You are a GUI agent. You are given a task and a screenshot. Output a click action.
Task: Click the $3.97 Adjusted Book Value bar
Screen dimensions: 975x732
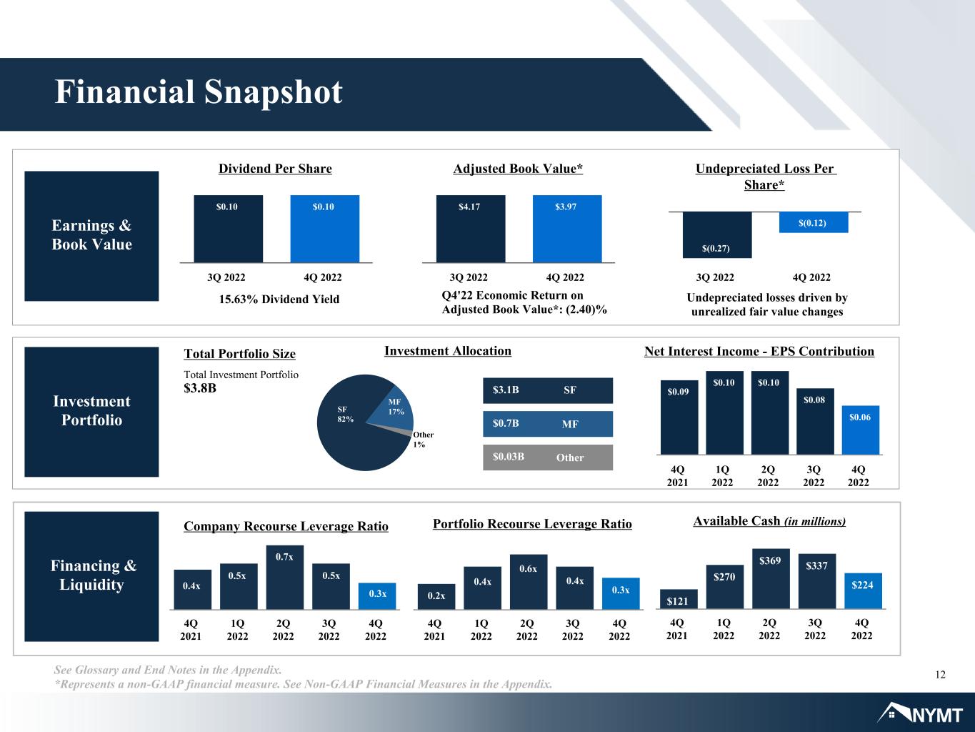[567, 229]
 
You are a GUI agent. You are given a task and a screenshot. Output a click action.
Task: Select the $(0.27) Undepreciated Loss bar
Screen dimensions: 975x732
[717, 234]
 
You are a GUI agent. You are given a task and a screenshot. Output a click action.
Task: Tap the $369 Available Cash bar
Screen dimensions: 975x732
[771, 579]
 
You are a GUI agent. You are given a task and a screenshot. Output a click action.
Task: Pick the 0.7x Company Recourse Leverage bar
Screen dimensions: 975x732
[285, 577]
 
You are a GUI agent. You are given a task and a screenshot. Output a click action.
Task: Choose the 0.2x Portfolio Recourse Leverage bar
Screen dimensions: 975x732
[436, 596]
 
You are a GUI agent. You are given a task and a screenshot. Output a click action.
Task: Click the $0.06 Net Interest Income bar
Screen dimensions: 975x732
[861, 430]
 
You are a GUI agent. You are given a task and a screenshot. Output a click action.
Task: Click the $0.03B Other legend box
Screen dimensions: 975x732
[548, 457]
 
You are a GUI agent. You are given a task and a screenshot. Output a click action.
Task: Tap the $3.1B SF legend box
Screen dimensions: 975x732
[548, 390]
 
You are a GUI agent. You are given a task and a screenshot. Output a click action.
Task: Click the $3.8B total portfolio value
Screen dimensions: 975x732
[200, 388]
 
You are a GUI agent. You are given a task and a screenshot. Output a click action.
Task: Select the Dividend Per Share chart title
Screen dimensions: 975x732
[275, 169]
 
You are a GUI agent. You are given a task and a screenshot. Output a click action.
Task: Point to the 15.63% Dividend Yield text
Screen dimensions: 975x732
[279, 299]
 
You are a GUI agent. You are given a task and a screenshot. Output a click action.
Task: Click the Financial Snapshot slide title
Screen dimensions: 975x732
[199, 92]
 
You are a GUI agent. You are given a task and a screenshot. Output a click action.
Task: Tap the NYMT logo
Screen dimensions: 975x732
[920, 713]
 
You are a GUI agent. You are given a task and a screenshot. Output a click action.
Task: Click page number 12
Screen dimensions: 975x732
[940, 675]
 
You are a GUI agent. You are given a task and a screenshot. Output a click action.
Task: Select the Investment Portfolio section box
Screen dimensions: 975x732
[91, 412]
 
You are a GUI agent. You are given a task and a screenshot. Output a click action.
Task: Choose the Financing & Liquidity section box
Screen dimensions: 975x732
[91, 576]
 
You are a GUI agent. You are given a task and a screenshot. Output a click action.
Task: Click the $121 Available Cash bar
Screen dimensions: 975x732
[679, 599]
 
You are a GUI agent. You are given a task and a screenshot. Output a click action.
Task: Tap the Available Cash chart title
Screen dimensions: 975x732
[769, 521]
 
